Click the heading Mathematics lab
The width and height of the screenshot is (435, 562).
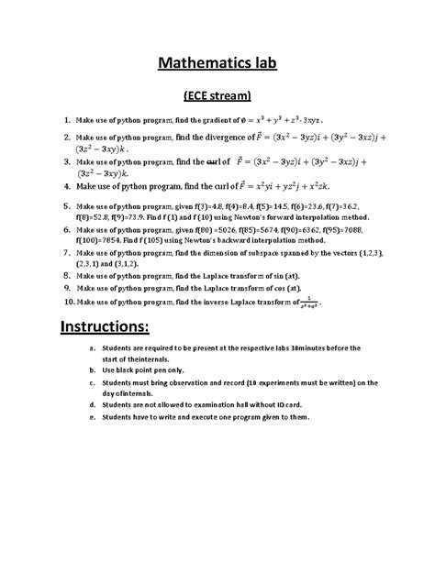[x=217, y=63]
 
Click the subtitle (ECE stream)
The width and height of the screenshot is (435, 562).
[x=217, y=96]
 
